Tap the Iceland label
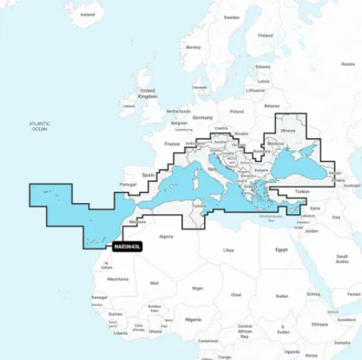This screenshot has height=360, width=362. click(88, 14)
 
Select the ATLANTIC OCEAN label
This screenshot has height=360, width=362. click(40, 126)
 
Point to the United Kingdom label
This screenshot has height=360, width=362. click(147, 93)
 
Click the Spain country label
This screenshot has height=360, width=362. click(149, 176)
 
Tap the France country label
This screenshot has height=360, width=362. click(172, 144)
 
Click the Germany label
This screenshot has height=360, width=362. click(203, 116)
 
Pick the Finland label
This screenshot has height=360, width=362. click(266, 35)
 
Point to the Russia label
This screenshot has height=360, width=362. click(325, 47)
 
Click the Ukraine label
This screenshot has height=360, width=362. click(289, 130)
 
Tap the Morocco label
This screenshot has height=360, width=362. click(137, 221)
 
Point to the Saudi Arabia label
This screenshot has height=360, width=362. click(342, 258)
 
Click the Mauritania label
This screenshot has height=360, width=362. click(118, 278)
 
